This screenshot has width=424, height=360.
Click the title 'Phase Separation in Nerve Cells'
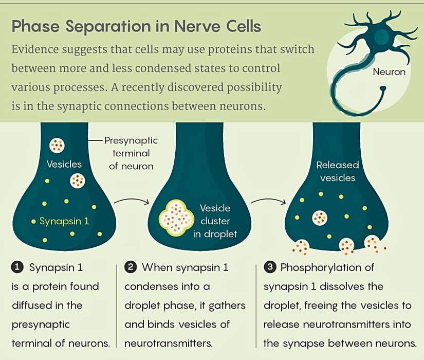136,26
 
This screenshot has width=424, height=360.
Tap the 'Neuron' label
389,72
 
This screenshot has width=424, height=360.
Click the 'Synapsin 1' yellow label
64,222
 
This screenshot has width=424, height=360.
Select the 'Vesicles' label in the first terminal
64,164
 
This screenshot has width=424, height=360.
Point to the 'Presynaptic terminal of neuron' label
131,153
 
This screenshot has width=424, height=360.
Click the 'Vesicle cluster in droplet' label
215,221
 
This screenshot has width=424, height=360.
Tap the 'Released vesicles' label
337,171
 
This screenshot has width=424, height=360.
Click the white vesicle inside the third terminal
320,218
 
